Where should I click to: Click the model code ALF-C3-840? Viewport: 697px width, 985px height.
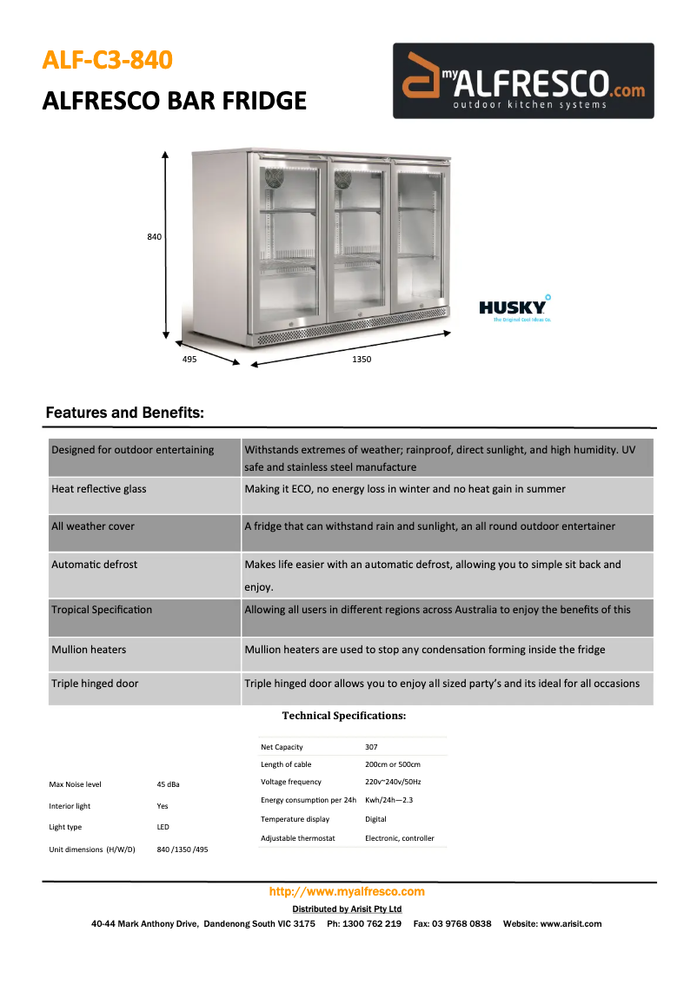coord(108,60)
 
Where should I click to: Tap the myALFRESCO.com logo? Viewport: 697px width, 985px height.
coord(523,81)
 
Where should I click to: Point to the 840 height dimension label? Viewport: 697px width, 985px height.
coord(155,236)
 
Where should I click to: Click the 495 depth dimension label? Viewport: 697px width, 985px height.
coord(189,359)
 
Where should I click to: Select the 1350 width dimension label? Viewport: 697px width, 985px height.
coord(362,360)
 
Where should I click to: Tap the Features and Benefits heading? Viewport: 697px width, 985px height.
coord(124,413)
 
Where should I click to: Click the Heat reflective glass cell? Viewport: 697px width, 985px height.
coord(99,489)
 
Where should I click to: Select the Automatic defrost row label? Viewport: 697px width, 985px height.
coord(94,565)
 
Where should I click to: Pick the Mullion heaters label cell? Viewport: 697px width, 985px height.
coord(89,650)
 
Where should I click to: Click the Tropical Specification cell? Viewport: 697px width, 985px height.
coord(102,610)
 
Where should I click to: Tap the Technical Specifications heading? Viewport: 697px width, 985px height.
coord(344,716)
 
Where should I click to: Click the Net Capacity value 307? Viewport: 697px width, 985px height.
coord(371,747)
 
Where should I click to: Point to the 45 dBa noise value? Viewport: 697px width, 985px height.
coord(169,784)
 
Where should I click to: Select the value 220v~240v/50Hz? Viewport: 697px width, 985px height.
coord(393,782)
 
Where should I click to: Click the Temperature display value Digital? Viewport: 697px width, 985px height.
coord(375,819)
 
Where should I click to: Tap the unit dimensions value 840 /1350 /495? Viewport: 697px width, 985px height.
coord(183,849)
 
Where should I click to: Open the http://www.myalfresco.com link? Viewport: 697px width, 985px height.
coord(347,891)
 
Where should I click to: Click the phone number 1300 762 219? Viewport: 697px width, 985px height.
coord(374,923)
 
